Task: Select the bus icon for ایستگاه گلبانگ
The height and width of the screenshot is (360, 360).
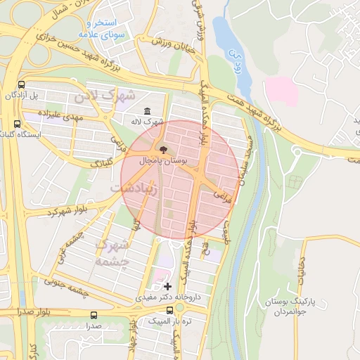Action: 17,124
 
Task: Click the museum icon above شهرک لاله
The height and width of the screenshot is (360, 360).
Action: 147,111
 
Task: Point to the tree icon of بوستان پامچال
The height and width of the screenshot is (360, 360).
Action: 164,150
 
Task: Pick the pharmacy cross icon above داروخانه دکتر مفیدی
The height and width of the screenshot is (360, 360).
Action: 167,286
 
